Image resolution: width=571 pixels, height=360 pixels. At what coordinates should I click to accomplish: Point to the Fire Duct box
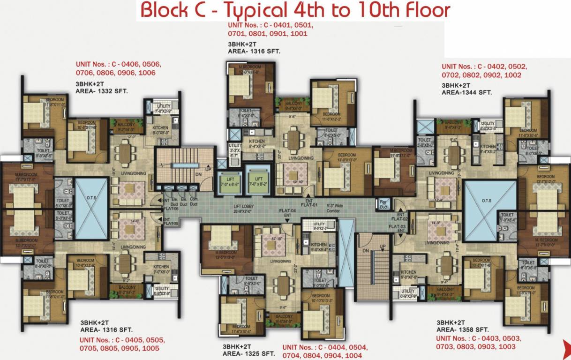tap(383, 204)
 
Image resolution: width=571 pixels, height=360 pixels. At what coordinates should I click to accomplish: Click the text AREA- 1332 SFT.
tap(101, 91)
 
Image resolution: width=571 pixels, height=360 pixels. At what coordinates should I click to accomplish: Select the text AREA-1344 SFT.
tap(466, 93)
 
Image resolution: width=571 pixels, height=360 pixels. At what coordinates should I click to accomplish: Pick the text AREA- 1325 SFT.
tap(248, 353)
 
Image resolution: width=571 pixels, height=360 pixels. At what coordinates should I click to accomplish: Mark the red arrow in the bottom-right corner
tap(566, 346)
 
